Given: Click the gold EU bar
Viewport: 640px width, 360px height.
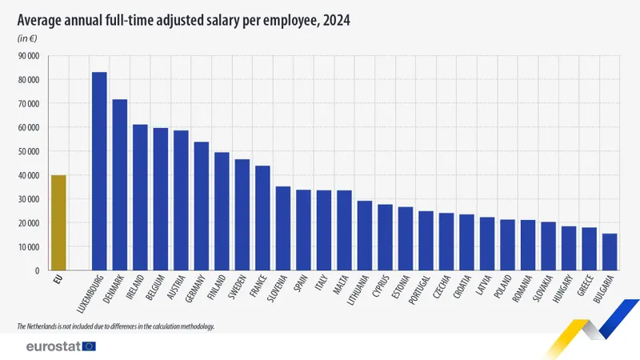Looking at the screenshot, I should [58, 223].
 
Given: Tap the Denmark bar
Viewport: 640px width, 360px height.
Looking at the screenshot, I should [120, 185].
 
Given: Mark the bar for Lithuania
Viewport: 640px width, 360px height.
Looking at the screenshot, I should [365, 236].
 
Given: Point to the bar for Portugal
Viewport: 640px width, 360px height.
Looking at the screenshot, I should [426, 241].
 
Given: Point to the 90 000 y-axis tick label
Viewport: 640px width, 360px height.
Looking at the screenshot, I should [28, 56].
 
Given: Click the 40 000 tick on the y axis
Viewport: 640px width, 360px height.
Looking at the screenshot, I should [28, 175].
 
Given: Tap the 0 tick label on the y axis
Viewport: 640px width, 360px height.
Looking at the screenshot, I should [37, 271].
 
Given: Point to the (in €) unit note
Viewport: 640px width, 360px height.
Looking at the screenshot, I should [28, 38].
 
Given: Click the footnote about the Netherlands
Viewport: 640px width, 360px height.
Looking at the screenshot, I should [116, 327].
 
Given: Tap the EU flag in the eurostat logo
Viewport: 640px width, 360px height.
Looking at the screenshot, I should [88, 346].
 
